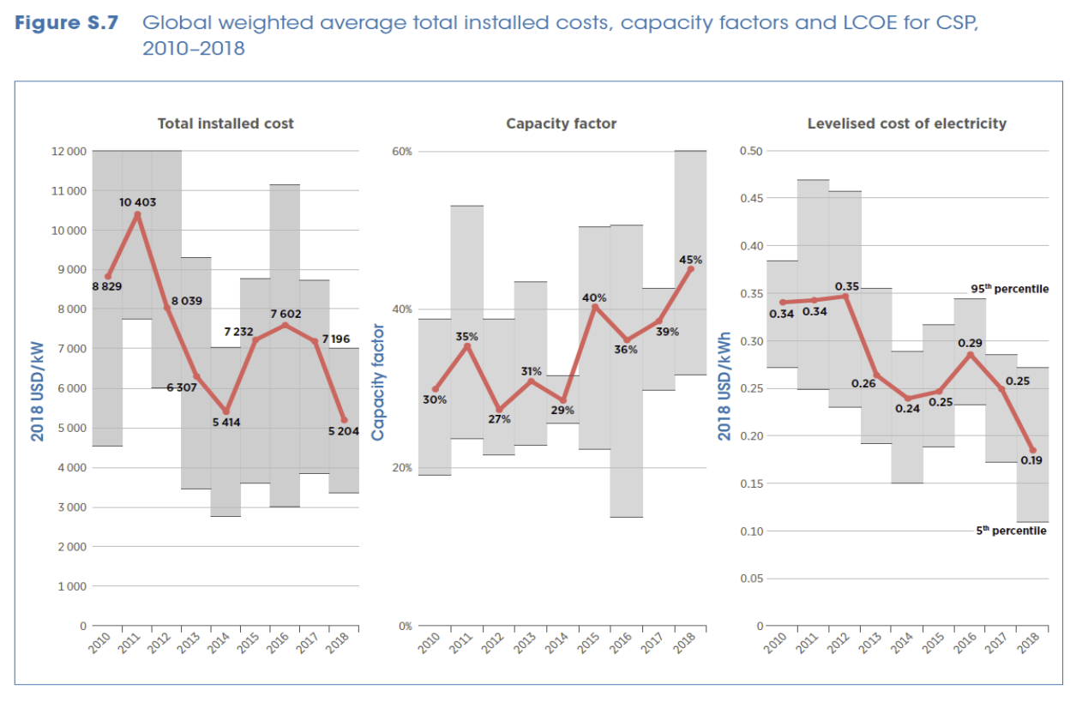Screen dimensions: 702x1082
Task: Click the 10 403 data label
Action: pos(137,202)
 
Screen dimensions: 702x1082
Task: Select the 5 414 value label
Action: pos(226,423)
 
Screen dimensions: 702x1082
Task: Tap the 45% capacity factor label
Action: pos(691,259)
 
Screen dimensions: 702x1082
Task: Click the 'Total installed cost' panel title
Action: pos(225,123)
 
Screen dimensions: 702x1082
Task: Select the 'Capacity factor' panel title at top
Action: pos(561,123)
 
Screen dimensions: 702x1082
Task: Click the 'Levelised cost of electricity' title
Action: pos(906,123)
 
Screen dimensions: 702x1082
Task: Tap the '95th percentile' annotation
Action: pos(1009,289)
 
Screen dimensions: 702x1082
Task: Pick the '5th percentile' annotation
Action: pos(1012,531)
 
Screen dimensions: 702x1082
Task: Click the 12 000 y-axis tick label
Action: pos(69,152)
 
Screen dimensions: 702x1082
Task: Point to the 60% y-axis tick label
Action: pos(402,152)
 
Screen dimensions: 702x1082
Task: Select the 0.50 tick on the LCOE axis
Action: pos(750,152)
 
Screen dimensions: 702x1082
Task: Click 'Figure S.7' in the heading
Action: pos(67,22)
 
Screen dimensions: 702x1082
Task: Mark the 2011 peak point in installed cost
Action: pos(137,214)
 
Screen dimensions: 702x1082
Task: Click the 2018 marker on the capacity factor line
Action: pos(691,269)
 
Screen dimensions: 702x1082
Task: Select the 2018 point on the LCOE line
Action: pos(1032,450)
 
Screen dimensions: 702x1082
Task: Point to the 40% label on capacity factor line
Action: pos(595,297)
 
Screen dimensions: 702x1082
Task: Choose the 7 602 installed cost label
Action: pos(286,315)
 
